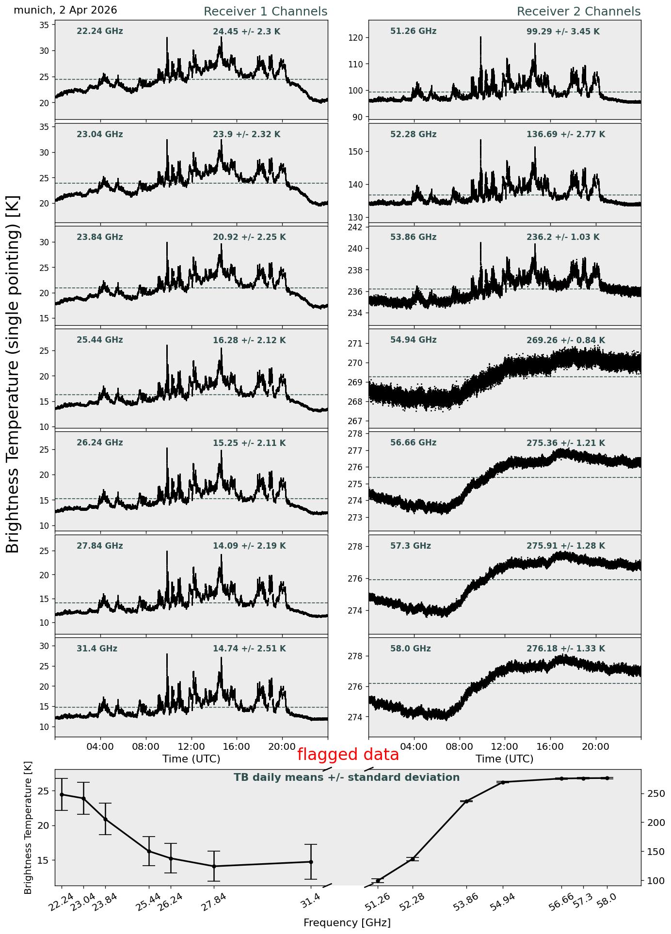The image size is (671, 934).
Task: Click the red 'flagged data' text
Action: pyautogui.click(x=348, y=755)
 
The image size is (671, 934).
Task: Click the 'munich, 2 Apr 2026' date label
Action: pyautogui.click(x=65, y=10)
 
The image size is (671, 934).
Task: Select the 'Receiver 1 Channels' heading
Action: pyautogui.click(x=265, y=12)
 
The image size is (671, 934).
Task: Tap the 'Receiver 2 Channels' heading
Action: pyautogui.click(x=579, y=12)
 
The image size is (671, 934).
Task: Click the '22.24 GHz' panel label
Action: pyautogui.click(x=100, y=32)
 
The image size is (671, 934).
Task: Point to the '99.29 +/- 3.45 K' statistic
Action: pyautogui.click(x=563, y=32)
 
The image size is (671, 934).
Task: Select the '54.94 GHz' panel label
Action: pyautogui.click(x=413, y=340)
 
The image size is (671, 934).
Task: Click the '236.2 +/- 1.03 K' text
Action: pyautogui.click(x=563, y=237)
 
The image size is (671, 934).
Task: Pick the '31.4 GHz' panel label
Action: pyautogui.click(x=97, y=649)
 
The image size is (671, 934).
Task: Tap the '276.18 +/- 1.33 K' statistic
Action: pyautogui.click(x=566, y=649)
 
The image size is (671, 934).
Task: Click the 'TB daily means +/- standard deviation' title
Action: pyautogui.click(x=347, y=777)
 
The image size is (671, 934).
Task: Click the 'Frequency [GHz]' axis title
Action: pyautogui.click(x=347, y=922)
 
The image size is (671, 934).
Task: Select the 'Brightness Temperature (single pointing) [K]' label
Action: pyautogui.click(x=13, y=374)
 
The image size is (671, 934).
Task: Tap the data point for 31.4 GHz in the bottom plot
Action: pyautogui.click(x=311, y=862)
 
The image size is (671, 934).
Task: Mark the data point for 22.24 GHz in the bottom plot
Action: pyautogui.click(x=62, y=794)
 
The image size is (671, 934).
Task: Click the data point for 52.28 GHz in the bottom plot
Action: pyautogui.click(x=413, y=859)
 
